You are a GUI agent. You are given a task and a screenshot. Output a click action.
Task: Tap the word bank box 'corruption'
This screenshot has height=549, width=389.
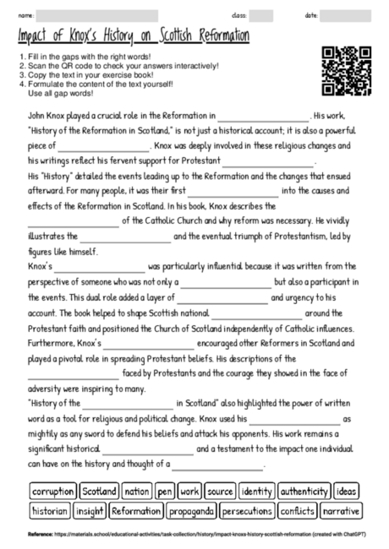click(53, 491)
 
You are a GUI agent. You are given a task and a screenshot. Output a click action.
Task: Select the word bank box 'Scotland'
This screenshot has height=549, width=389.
click(99, 491)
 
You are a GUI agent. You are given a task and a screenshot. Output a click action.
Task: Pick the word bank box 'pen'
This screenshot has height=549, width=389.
click(164, 491)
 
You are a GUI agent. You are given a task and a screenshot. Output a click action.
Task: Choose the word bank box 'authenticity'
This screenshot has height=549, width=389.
click(304, 491)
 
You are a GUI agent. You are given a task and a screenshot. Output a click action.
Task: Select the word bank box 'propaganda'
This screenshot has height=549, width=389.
click(190, 511)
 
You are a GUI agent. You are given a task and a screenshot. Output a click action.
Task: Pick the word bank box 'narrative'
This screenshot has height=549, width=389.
click(341, 511)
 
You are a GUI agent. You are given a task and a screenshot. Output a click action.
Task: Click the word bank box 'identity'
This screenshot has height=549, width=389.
click(255, 491)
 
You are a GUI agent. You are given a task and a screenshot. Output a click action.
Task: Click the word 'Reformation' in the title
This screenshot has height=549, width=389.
click(214, 36)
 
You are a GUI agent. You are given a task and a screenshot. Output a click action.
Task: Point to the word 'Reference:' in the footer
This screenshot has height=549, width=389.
click(40, 535)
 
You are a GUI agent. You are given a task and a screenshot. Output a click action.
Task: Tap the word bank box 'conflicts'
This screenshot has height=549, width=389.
click(297, 511)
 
